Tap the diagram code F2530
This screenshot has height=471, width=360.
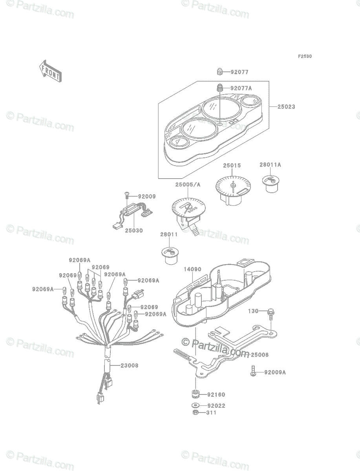pyautogui.click(x=305, y=56)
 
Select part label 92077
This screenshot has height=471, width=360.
pyautogui.click(x=239, y=72)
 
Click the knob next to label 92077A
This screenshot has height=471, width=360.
pyautogui.click(x=219, y=88)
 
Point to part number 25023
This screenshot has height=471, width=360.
pyautogui.click(x=286, y=107)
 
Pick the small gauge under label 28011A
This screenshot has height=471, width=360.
pyautogui.click(x=271, y=184)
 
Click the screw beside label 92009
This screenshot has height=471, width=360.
pyautogui.click(x=126, y=196)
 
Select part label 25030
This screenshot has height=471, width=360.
pyautogui.click(x=134, y=230)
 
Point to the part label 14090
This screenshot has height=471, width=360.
pyautogui.click(x=192, y=269)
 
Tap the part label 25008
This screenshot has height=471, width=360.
pyautogui.click(x=259, y=355)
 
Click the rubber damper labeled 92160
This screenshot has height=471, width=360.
pyautogui.click(x=196, y=394)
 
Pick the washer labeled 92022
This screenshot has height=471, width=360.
pyautogui.click(x=196, y=405)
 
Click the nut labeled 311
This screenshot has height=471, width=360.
pyautogui.click(x=196, y=412)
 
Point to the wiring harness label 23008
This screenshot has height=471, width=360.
pyautogui.click(x=130, y=365)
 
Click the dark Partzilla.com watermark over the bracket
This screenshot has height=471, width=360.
pyautogui.click(x=216, y=347)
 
